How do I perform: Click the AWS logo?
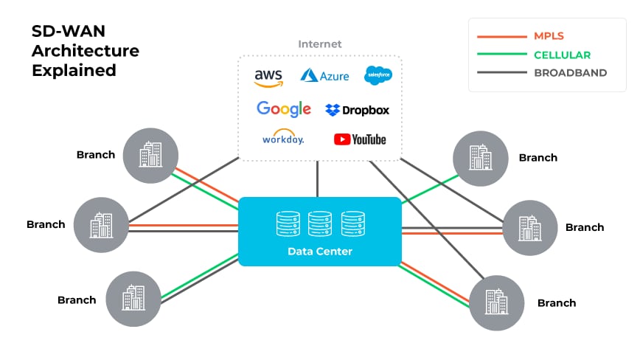coord(269,77)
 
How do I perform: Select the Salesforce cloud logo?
coord(378,75)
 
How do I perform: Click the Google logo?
coord(283,109)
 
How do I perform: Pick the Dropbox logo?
coord(357,110)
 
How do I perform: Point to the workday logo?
coord(282,138)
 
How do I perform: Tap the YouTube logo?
coord(360,139)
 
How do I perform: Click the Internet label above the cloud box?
coord(319,44)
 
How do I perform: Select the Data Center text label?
coord(319,252)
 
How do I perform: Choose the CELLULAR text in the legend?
coord(562,55)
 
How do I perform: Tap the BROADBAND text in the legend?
coord(570,73)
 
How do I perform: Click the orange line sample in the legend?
coord(501,36)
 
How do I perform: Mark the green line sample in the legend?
coord(501,55)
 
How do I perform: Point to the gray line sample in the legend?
coord(501,73)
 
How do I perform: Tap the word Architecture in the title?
coord(85,52)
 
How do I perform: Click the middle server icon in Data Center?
coord(319,224)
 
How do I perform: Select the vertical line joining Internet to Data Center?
coord(317,179)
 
